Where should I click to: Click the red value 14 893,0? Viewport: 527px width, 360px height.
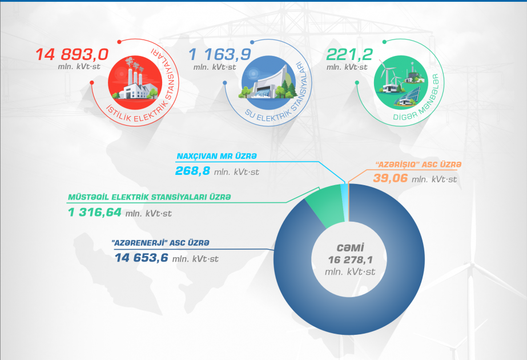pos(72,54)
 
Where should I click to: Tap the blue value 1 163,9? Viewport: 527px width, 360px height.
pos(220,54)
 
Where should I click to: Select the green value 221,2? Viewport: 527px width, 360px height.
pos(349,54)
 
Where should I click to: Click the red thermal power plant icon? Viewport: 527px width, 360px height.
pos(135,82)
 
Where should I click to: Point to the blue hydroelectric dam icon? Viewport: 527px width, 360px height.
pos(268,82)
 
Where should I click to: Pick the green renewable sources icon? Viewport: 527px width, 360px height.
pos(401,82)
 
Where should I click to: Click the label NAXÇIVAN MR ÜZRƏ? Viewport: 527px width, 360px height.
pos(217,156)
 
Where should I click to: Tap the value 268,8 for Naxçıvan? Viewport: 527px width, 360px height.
pos(192,171)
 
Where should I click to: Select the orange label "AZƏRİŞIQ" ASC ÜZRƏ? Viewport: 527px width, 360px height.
pos(419,165)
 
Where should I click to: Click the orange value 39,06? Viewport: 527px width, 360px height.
pos(390,178)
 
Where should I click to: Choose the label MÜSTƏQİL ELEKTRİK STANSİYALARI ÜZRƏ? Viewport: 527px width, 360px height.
pos(150,197)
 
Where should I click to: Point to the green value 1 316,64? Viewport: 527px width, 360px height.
pos(94,213)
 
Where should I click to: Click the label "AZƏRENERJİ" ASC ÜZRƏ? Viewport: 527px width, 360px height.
pos(160,243)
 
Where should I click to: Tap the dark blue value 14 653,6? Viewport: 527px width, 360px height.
pos(141,258)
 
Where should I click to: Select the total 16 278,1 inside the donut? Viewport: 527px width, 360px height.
pos(350,260)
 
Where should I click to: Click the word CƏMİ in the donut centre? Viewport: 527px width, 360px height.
pos(350,248)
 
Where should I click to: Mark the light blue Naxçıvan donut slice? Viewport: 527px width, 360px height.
pos(345,202)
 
